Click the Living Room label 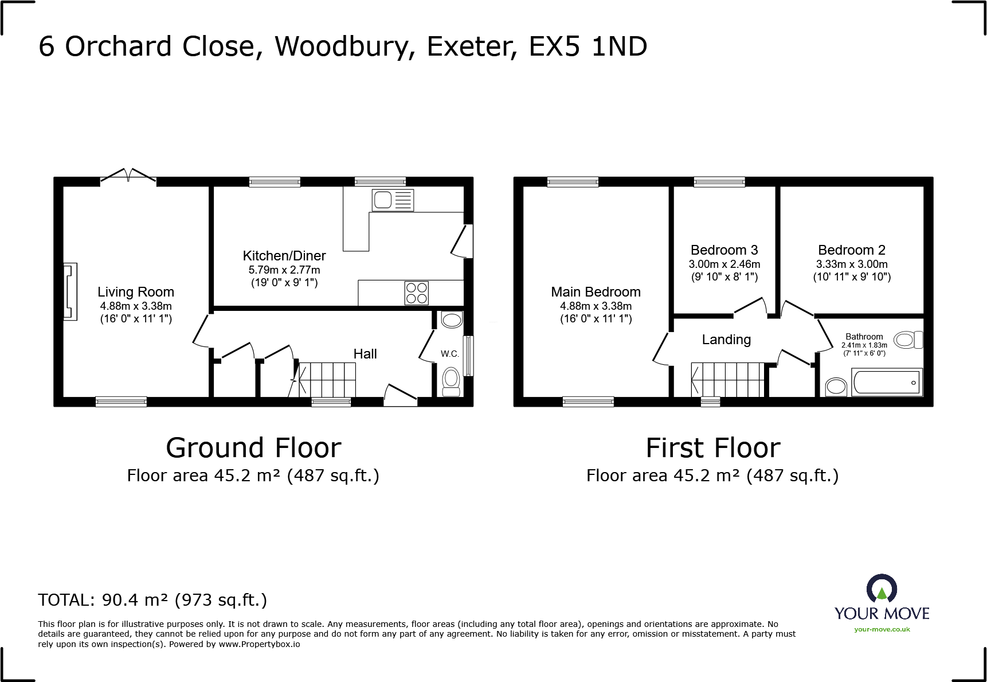135,292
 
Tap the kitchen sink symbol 392,200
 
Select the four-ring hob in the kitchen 417,293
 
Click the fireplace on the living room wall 70,291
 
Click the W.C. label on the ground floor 450,354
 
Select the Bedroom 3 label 724,250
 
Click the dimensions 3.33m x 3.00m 852,264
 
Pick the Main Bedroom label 596,292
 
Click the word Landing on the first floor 726,340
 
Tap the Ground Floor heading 253,448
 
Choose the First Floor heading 713,448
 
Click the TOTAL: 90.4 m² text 152,600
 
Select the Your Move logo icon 882,590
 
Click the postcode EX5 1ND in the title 588,46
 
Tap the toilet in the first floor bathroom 908,340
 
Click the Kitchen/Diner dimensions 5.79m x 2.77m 284,270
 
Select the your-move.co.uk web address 882,629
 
